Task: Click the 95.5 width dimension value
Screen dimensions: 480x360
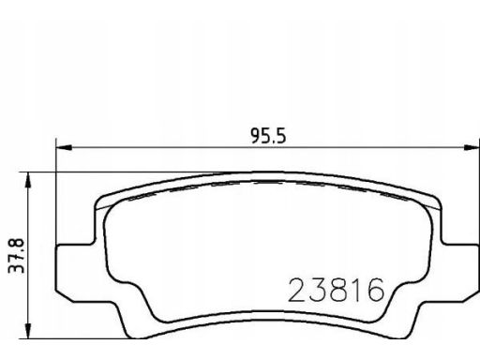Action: pos(268,137)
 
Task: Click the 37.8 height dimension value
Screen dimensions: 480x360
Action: pos(16,256)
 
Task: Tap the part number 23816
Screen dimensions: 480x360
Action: pos(336,291)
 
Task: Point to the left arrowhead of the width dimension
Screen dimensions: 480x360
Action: pos(64,147)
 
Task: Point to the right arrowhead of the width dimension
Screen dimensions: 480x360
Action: pos(472,147)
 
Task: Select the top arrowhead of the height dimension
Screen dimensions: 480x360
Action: pos(28,180)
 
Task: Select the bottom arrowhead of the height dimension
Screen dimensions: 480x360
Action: pos(28,331)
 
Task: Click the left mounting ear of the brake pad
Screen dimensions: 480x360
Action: pos(75,273)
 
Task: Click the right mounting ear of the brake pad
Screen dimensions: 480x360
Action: pos(460,273)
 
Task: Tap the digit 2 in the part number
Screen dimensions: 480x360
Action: pos(296,291)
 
